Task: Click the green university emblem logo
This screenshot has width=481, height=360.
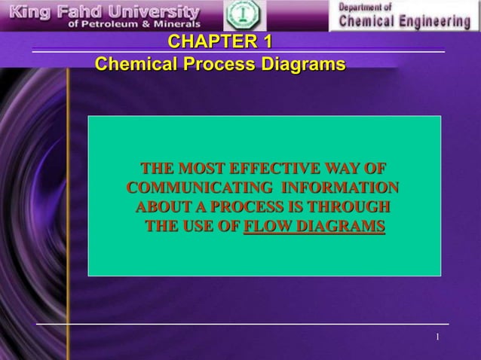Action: click(x=244, y=16)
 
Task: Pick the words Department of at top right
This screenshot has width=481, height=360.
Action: click(x=366, y=7)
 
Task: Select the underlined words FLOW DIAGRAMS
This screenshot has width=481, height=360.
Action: click(x=314, y=226)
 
